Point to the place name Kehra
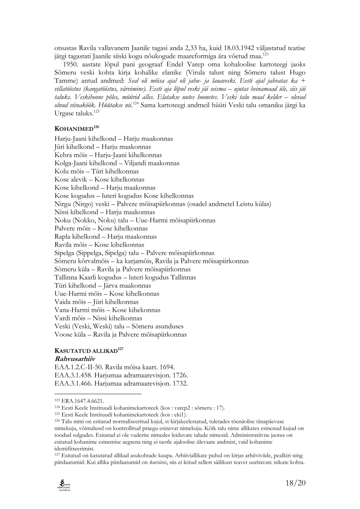64,155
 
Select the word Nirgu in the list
63,204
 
